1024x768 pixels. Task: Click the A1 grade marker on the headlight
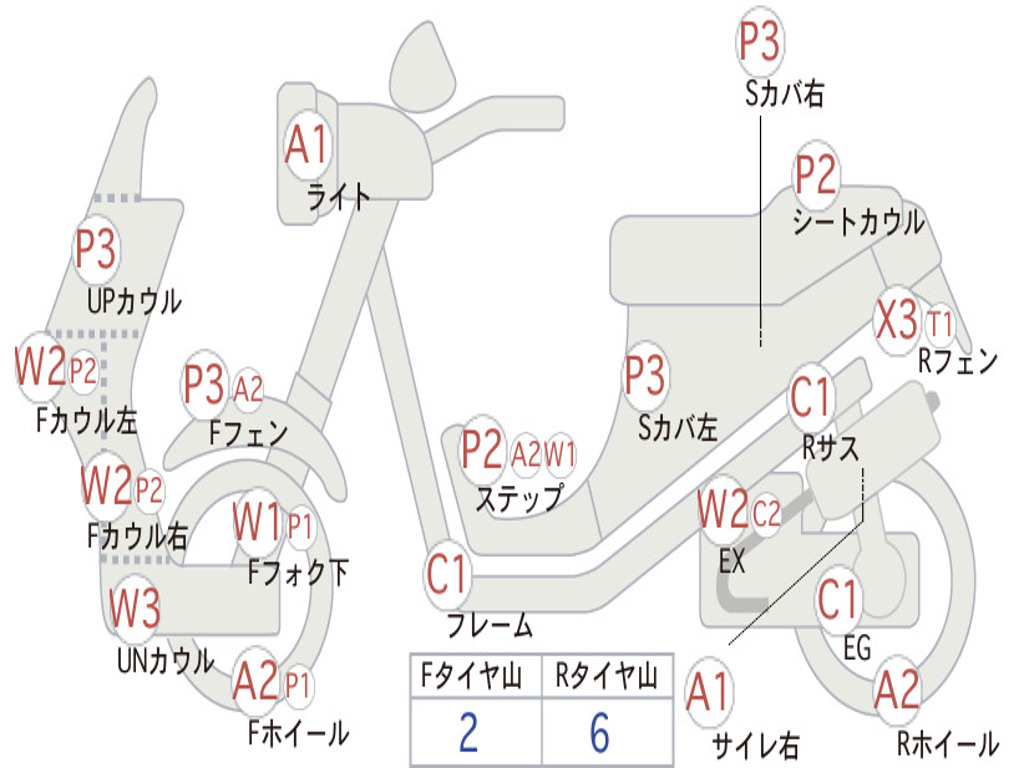click(306, 144)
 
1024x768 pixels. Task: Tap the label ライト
click(338, 197)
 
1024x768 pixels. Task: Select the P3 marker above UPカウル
click(95, 249)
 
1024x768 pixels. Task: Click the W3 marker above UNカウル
click(134, 607)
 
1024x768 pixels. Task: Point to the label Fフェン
click(248, 432)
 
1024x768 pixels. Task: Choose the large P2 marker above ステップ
click(482, 450)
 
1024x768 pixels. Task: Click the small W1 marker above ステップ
click(560, 453)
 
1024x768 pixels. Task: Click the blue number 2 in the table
click(469, 732)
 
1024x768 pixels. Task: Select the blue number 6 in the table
click(600, 732)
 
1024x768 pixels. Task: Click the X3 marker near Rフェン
click(896, 320)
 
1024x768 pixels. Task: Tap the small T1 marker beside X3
click(940, 323)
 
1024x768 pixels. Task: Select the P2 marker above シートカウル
click(816, 174)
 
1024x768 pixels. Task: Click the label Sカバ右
click(784, 94)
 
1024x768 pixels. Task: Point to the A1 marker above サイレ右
click(708, 692)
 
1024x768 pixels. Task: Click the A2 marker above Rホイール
click(896, 690)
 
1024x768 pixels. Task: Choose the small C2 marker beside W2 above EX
click(766, 513)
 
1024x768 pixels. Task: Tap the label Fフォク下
click(298, 573)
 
